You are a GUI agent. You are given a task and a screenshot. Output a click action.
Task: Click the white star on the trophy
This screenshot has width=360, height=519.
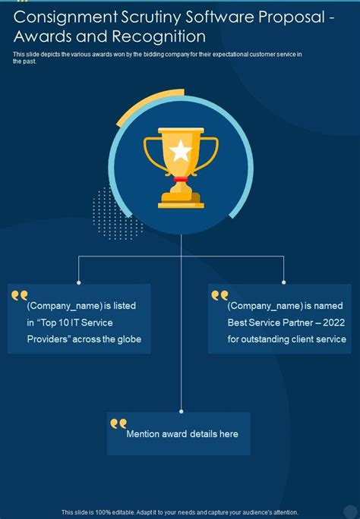pyautogui.click(x=181, y=150)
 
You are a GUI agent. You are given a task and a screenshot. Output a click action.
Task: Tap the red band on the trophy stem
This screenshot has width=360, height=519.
pyautogui.click(x=181, y=180)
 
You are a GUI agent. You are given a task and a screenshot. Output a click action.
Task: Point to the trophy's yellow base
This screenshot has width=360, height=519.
pyautogui.click(x=181, y=201)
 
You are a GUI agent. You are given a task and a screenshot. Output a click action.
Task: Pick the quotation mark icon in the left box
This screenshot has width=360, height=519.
pyautogui.click(x=19, y=294)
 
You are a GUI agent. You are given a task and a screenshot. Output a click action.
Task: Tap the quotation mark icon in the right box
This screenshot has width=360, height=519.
pyautogui.click(x=219, y=294)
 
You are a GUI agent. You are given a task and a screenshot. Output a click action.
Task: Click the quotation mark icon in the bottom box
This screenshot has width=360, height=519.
pyautogui.click(x=118, y=423)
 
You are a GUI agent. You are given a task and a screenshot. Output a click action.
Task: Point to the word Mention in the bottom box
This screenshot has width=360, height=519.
pyautogui.click(x=144, y=434)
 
